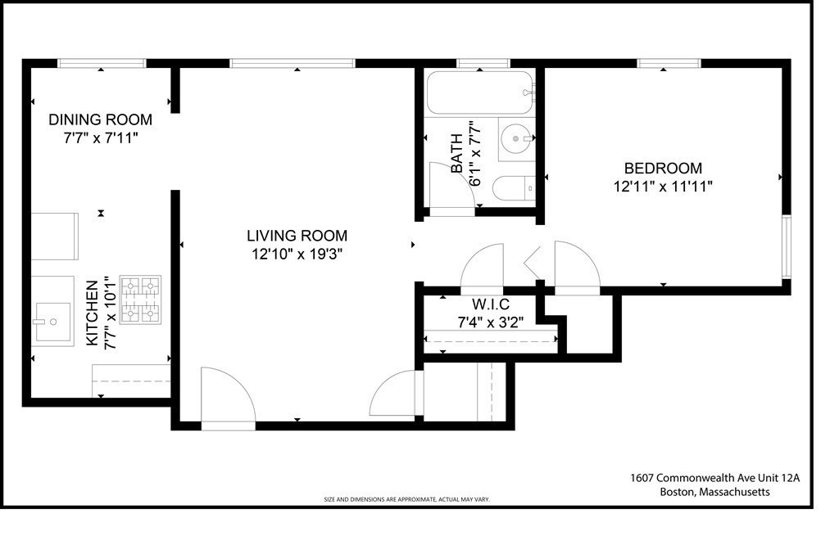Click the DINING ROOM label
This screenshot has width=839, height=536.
(x=100, y=120)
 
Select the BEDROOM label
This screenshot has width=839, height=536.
(x=663, y=169)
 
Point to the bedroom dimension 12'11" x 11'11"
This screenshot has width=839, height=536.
(x=663, y=187)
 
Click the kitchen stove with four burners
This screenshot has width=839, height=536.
(x=141, y=300)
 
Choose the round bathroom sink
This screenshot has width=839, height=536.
(x=517, y=140)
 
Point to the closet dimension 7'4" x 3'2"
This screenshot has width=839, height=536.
(x=490, y=322)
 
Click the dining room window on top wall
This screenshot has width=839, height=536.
(x=102, y=63)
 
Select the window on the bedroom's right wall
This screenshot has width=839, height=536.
(x=786, y=246)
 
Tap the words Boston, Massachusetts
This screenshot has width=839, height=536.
(x=714, y=492)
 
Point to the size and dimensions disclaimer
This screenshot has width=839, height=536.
(x=406, y=499)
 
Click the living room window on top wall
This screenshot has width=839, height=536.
(x=292, y=63)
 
